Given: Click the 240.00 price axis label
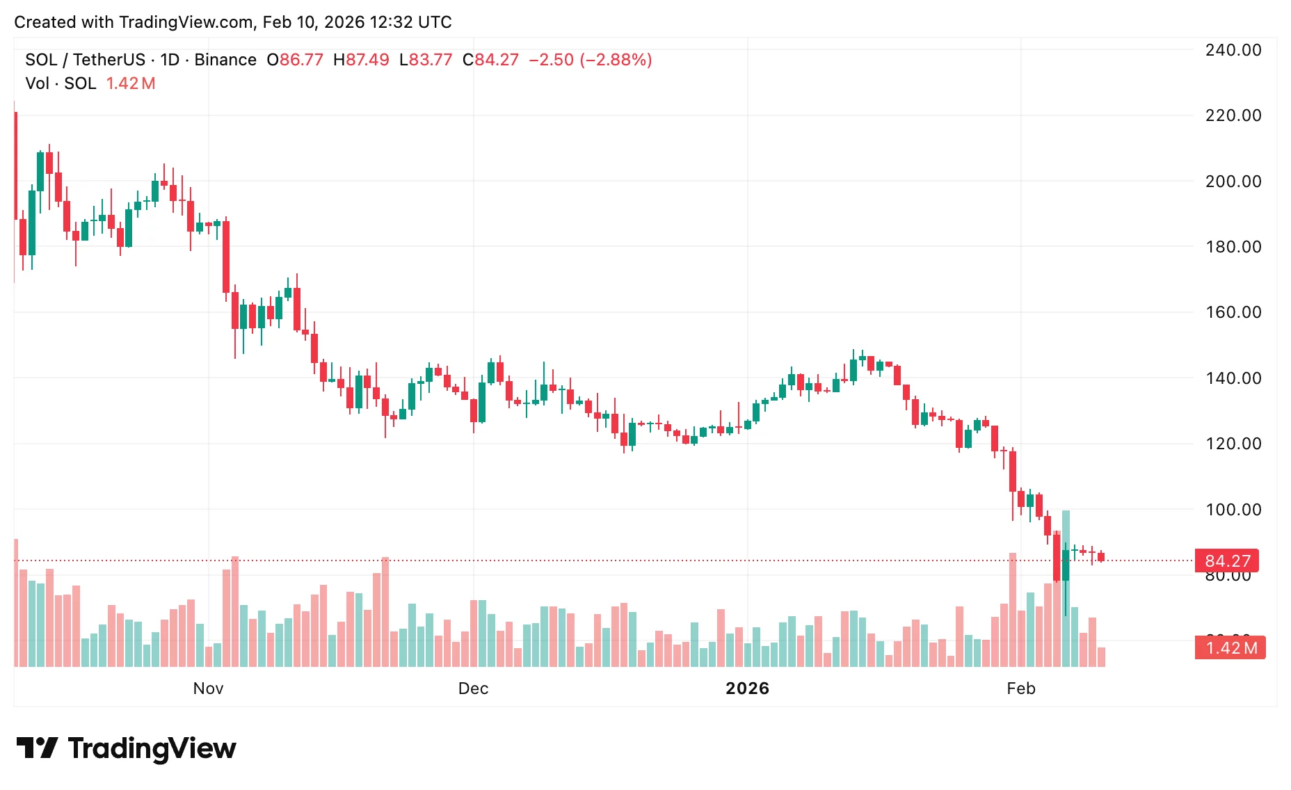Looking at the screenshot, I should (1233, 50).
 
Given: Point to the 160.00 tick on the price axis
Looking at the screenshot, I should (1233, 312).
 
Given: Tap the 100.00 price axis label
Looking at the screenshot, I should (1233, 510).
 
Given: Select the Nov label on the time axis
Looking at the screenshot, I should (208, 688).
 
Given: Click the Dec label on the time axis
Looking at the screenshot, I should (473, 688).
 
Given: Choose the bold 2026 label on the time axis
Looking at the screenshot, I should (747, 688).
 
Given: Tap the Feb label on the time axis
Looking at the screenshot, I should (1020, 688).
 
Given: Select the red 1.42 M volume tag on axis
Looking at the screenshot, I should (1230, 648).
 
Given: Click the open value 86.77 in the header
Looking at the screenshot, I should (301, 60).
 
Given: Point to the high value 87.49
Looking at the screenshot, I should (367, 60).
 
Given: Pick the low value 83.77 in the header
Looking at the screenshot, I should (431, 60).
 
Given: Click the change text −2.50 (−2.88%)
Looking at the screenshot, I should (591, 60).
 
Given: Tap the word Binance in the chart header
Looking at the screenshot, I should (225, 60).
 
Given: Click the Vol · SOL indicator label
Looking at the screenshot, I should (61, 83).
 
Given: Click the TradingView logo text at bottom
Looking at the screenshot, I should (152, 748).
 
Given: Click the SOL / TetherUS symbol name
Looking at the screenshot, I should (85, 60).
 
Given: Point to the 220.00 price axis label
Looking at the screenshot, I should (1233, 115).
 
